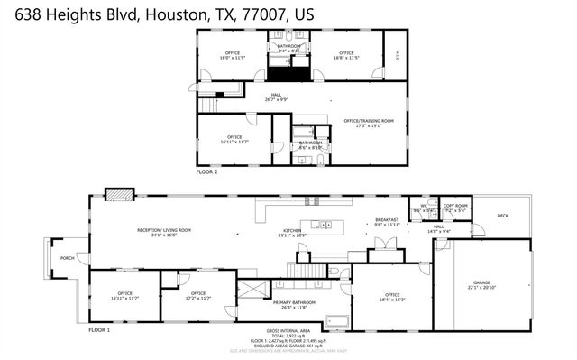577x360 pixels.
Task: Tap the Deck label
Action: (x=502, y=216)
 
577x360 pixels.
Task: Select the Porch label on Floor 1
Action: (x=67, y=258)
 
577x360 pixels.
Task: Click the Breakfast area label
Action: (x=388, y=219)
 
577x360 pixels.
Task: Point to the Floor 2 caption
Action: (x=207, y=170)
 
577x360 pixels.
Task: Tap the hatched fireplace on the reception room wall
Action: (x=116, y=194)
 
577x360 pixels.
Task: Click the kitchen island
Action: (x=322, y=224)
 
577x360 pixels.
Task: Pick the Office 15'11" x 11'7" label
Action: (x=124, y=295)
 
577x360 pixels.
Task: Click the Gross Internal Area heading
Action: (x=288, y=331)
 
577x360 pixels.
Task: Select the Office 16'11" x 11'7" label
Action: (x=234, y=138)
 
